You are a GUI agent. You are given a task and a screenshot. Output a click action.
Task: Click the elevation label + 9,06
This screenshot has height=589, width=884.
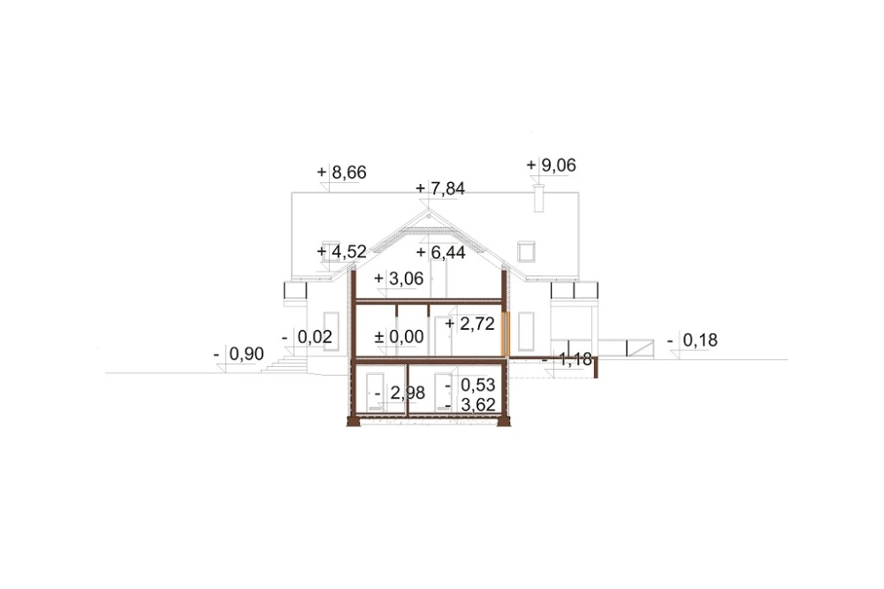click(x=552, y=165)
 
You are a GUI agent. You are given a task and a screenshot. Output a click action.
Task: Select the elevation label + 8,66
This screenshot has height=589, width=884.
click(x=341, y=172)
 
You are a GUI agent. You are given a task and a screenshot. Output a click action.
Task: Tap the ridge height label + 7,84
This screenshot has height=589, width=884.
click(x=440, y=188)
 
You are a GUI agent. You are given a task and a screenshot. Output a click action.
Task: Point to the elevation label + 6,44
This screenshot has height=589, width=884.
click(x=440, y=252)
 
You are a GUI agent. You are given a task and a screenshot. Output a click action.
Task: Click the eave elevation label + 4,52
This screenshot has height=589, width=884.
click(x=341, y=252)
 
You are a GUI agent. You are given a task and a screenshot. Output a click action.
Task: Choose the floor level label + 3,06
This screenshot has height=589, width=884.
click(x=399, y=278)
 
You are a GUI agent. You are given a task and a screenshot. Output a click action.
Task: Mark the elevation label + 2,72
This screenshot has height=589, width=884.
click(x=469, y=324)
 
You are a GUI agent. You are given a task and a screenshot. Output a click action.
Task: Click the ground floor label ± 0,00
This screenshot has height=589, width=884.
click(x=400, y=337)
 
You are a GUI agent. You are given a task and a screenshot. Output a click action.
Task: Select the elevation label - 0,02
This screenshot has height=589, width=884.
click(x=308, y=337)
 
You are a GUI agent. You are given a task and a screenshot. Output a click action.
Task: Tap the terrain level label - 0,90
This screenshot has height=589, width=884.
click(x=239, y=354)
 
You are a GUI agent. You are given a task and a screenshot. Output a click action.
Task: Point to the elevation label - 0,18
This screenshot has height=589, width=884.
click(x=692, y=340)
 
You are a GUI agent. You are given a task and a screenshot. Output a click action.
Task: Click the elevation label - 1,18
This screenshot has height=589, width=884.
click(x=567, y=359)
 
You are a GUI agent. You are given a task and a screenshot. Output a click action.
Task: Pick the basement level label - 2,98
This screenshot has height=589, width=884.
click(x=400, y=393)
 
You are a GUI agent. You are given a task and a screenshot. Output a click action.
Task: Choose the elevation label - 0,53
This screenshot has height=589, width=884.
click(x=470, y=385)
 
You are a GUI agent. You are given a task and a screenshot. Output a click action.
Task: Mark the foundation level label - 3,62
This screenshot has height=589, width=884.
click(x=470, y=404)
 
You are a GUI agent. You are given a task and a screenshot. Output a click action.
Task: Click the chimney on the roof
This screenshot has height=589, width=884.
click(x=538, y=198)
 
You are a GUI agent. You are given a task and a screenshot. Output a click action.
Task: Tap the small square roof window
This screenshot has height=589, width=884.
click(x=526, y=252)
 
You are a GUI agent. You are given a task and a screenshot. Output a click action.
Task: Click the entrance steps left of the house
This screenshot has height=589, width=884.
click(x=285, y=364)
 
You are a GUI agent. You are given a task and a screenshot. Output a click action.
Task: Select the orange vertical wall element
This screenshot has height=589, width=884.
click(x=505, y=333)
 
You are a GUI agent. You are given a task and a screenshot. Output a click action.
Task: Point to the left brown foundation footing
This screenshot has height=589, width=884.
click(x=354, y=421)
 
